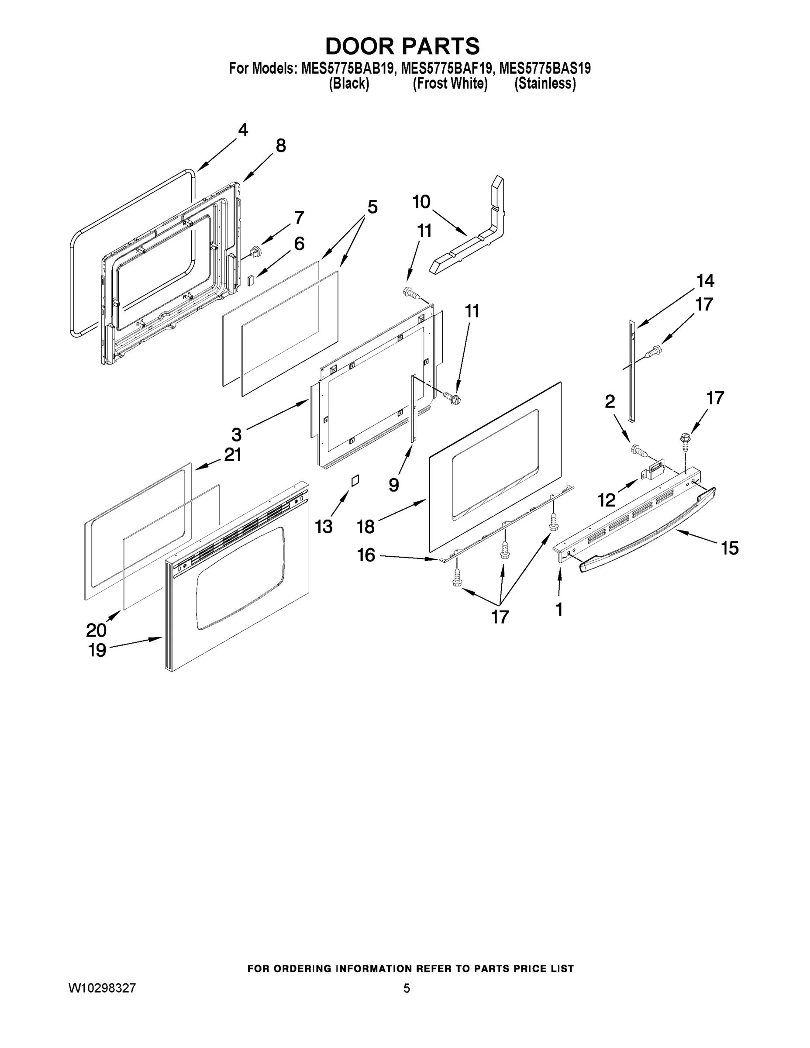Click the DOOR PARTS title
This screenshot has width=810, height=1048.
point(402,46)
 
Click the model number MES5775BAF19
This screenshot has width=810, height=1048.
point(446,69)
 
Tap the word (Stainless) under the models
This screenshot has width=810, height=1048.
point(545,83)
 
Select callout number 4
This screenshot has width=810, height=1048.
point(243,130)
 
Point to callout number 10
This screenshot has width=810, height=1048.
point(421,202)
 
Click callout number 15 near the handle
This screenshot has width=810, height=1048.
point(730,548)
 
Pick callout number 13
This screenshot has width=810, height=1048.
point(324,526)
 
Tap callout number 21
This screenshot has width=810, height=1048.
point(233,454)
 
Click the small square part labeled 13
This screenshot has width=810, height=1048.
point(355,480)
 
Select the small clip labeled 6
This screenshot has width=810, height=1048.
point(251,280)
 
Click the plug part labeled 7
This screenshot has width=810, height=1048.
point(256,251)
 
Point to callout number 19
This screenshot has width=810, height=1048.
point(97,650)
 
